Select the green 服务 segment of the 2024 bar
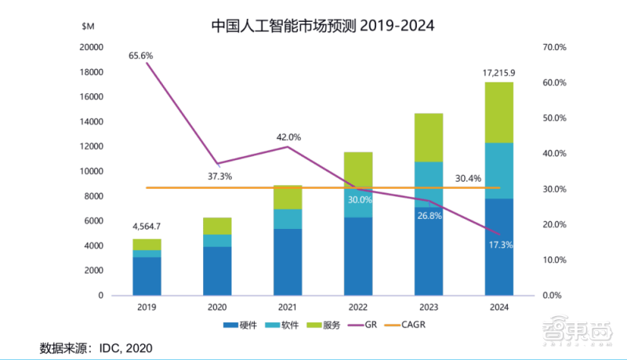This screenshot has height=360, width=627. (498, 112)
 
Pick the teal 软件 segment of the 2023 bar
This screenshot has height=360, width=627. (429, 176)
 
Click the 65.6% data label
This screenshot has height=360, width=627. (142, 56)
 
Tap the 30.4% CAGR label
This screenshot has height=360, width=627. (467, 178)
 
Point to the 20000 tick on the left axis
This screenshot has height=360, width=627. (92, 47)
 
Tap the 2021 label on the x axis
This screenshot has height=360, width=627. (288, 308)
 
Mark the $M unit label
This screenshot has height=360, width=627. (89, 26)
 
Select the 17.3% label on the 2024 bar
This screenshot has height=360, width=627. (498, 245)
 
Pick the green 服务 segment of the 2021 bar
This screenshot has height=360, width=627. (288, 197)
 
